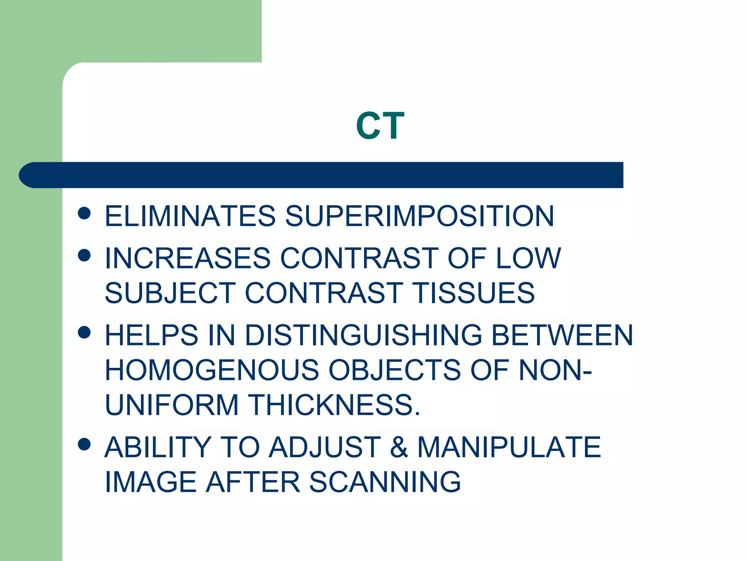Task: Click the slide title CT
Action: pyautogui.click(x=380, y=126)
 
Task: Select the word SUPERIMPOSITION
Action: pyautogui.click(x=419, y=216)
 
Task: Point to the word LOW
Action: pyautogui.click(x=528, y=258)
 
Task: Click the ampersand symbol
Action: pyautogui.click(x=399, y=447)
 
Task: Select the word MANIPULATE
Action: pyautogui.click(x=509, y=447)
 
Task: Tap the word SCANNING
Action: pyautogui.click(x=385, y=482)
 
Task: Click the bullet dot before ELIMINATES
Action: pyautogui.click(x=84, y=213)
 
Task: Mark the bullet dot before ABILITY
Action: pyautogui.click(x=84, y=444)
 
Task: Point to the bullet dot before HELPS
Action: pyautogui.click(x=84, y=332)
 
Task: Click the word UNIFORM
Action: pyautogui.click(x=172, y=405)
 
